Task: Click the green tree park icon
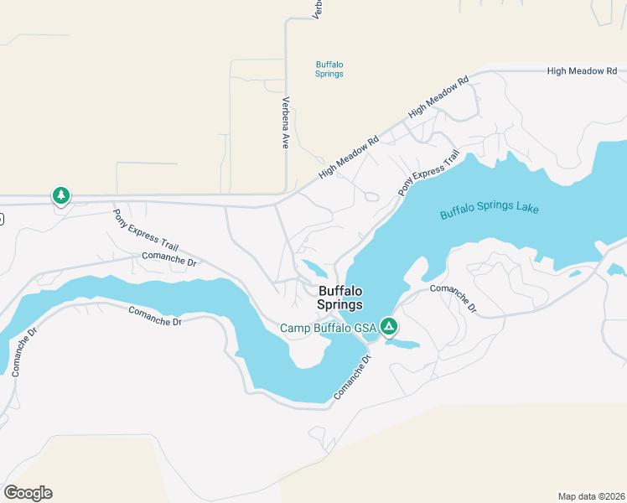[60, 196]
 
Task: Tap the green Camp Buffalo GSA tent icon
[388, 326]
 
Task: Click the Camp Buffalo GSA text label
[328, 328]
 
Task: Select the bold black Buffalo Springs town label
[340, 298]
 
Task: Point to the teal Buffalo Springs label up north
[329, 69]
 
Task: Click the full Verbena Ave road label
[285, 122]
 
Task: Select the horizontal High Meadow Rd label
[588, 71]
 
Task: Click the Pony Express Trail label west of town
[147, 230]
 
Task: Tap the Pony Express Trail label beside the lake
[428, 174]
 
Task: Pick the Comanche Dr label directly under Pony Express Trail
[168, 259]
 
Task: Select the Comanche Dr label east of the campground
[453, 298]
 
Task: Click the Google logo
[28, 492]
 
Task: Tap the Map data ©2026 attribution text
[591, 495]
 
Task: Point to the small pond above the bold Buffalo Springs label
[314, 269]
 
